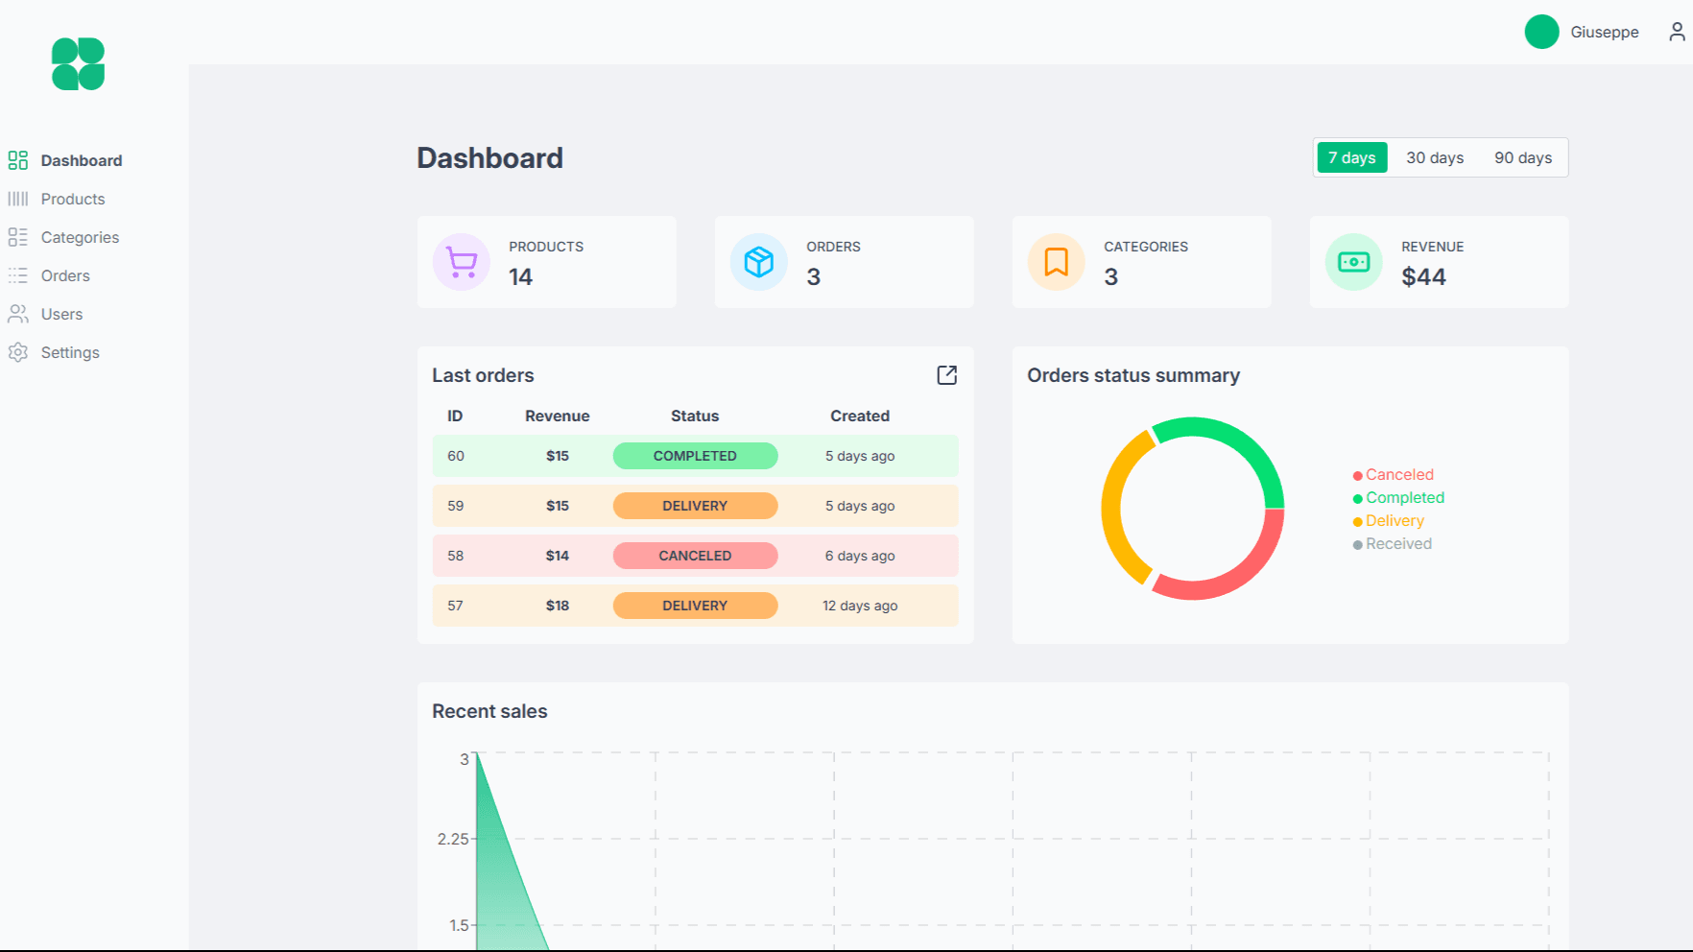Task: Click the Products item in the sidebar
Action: coord(72,199)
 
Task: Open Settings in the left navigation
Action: coord(69,352)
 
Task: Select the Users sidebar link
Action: coord(61,314)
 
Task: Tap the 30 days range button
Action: coord(1434,157)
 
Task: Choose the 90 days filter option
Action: coord(1522,157)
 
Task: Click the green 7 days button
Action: coord(1351,157)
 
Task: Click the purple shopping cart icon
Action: coord(462,262)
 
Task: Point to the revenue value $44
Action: coord(1422,277)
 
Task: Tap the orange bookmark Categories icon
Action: coord(1056,262)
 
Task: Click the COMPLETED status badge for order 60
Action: coord(695,456)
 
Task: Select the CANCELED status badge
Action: coord(695,556)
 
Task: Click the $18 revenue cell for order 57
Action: coord(557,606)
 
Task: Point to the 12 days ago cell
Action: coord(859,606)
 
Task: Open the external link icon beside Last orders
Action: coord(946,375)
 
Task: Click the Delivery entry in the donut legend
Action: coord(1394,521)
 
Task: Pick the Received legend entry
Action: coord(1397,544)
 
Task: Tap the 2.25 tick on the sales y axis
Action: coord(453,839)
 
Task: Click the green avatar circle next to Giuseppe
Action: coord(1541,32)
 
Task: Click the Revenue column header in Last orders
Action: coord(557,416)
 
